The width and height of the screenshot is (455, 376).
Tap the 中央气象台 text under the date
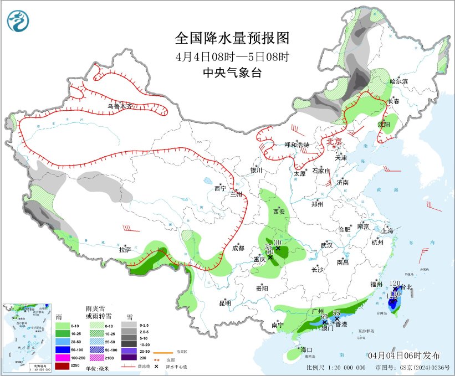[232, 73]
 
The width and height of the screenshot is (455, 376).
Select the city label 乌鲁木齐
[120, 106]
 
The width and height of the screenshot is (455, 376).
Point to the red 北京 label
[335, 142]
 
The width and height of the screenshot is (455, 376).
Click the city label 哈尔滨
[398, 81]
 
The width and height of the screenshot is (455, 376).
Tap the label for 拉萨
[125, 250]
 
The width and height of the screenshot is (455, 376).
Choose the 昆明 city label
[225, 303]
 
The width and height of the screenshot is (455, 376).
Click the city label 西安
[279, 212]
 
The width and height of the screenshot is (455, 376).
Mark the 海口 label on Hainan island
[306, 350]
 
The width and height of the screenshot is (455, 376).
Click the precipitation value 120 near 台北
[395, 284]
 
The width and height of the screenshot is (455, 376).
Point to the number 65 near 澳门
[324, 316]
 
